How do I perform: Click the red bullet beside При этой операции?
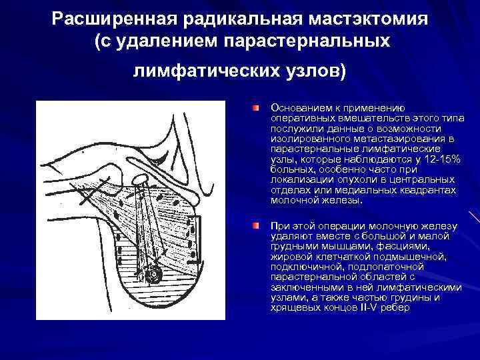pyautogui.click(x=255, y=227)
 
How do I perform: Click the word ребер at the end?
pyautogui.click(x=396, y=308)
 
